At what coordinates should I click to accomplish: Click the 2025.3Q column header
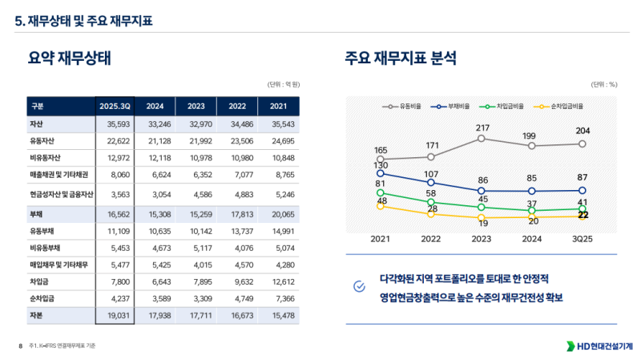pos(115,106)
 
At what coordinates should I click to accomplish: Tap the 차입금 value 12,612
pos(278,282)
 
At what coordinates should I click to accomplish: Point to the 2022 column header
pos(237,106)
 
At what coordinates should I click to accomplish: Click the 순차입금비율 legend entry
pos(558,106)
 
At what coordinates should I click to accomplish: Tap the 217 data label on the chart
pos(482,128)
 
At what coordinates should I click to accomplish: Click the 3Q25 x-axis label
pos(583,239)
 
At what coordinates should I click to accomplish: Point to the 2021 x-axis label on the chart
pos(381,239)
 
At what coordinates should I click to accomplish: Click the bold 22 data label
pos(583,215)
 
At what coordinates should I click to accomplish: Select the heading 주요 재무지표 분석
pos(401,58)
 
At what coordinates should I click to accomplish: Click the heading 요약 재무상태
pos(69,58)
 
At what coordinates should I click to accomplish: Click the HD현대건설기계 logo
pos(599,346)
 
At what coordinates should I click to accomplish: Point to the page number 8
pos(20,346)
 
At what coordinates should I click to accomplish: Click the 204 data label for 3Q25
pos(583,131)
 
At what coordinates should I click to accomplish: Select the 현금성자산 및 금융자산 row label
pos(62,194)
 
